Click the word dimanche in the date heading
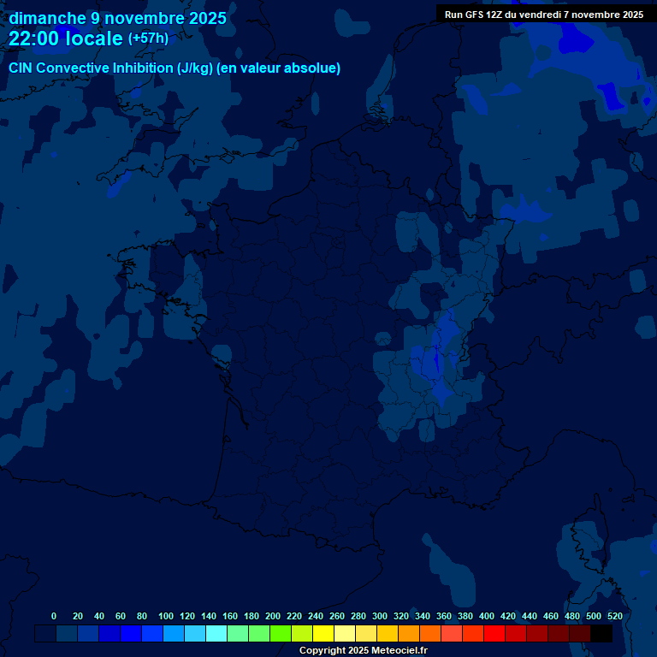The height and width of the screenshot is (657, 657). [x=47, y=18]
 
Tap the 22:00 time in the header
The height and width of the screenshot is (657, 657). [x=36, y=39]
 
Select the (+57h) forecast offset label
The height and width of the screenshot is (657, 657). [x=148, y=38]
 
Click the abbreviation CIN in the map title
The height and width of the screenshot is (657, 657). [x=21, y=68]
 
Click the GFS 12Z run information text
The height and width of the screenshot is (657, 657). [x=543, y=15]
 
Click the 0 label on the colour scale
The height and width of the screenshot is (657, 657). [x=54, y=616]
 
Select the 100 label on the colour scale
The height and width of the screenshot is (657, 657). [x=165, y=616]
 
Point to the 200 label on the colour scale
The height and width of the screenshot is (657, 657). [x=273, y=616]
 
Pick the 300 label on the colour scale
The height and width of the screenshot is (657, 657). [x=380, y=616]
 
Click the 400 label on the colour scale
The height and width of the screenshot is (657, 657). [x=487, y=616]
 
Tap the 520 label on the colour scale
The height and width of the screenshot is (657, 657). [x=614, y=616]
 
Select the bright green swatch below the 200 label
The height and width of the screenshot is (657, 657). [x=281, y=634]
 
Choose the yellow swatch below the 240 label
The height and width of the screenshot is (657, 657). [x=323, y=634]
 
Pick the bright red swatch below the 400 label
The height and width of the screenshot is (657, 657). [x=494, y=634]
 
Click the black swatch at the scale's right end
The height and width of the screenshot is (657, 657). [x=601, y=634]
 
